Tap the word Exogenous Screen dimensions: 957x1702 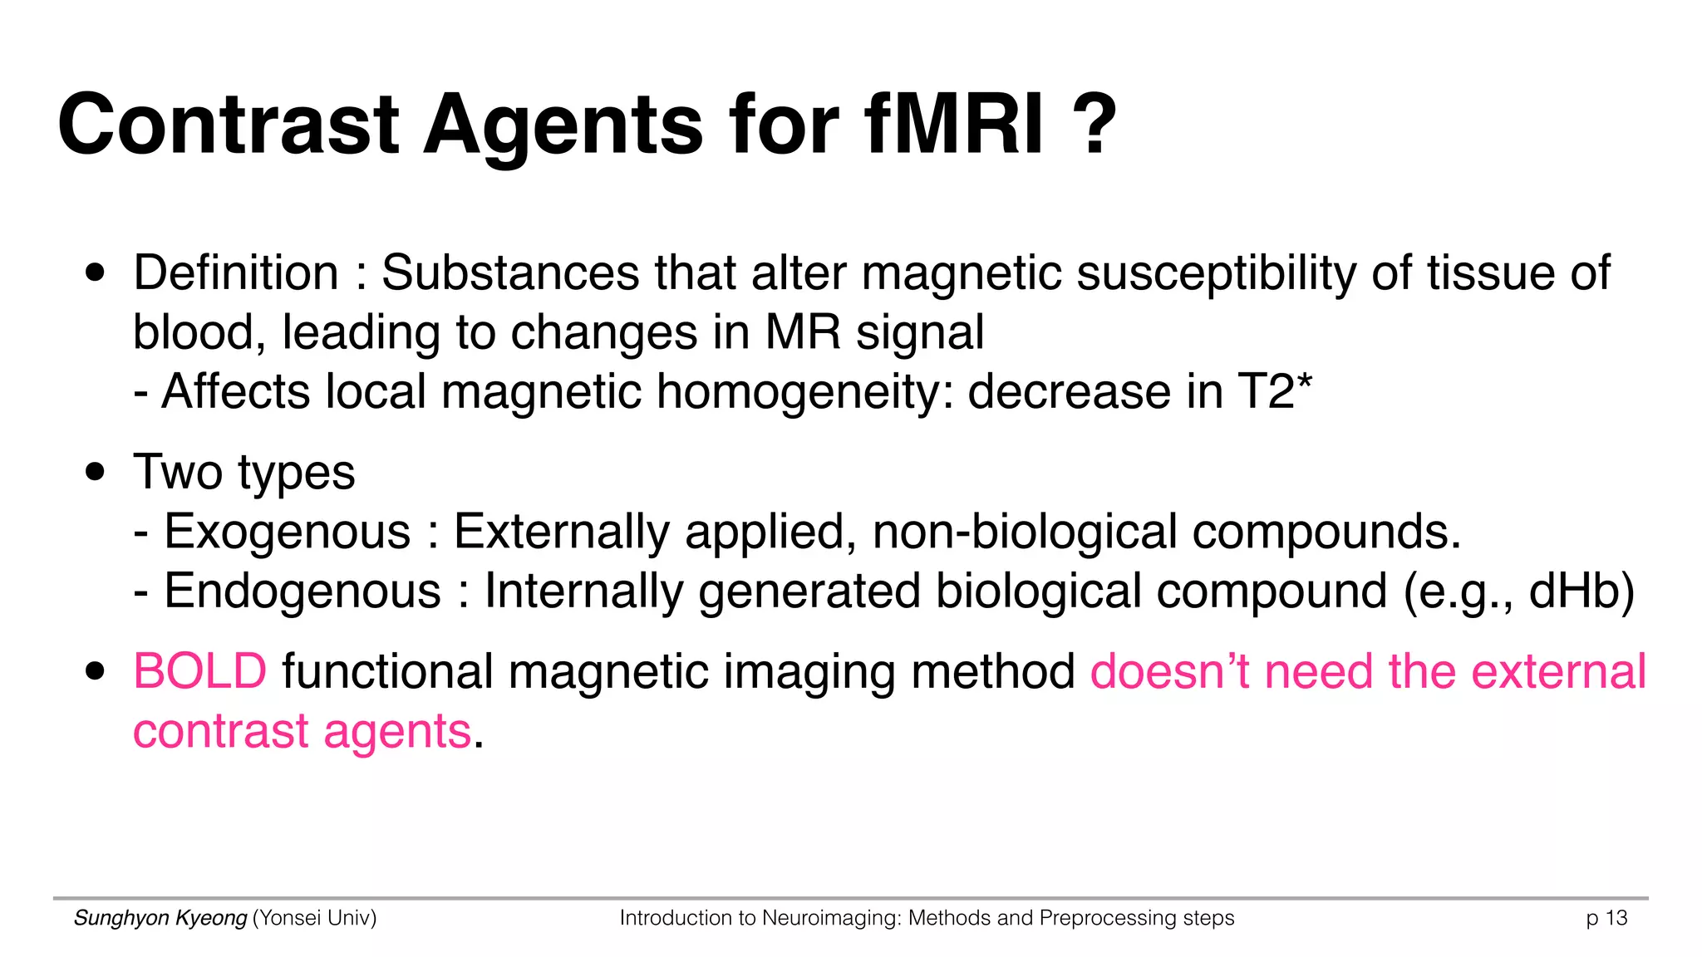288,532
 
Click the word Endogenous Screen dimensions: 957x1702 303,591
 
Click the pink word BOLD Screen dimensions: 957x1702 200,671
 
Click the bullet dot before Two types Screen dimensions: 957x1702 96,473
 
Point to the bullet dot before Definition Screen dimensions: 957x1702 96,273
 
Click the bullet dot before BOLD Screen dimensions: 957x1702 96,671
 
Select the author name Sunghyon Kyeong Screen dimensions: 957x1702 160,918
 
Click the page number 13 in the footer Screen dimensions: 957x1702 1616,918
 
